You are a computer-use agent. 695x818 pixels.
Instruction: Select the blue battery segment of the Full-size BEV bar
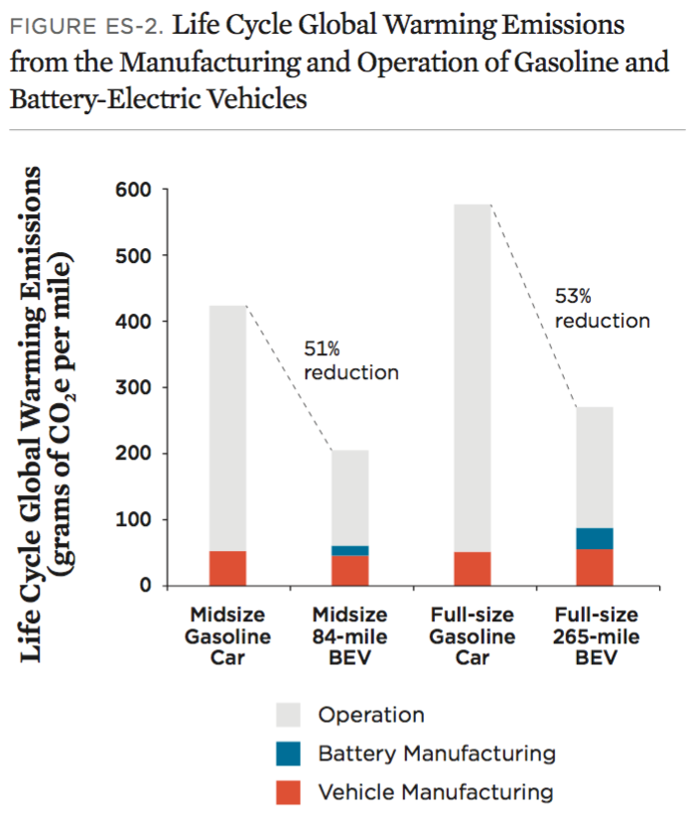(594, 538)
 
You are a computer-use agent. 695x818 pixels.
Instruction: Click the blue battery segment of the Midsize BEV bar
(349, 550)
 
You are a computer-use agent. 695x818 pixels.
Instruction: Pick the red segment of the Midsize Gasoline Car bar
(227, 568)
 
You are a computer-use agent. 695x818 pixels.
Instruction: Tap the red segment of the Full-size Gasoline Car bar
(472, 568)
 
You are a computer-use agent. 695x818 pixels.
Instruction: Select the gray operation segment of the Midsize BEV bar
(349, 496)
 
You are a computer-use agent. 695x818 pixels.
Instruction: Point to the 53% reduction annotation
(602, 308)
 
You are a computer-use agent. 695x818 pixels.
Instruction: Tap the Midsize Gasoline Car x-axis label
(227, 636)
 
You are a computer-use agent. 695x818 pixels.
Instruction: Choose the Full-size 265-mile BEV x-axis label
(594, 636)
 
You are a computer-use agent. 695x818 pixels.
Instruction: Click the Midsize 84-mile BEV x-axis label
(349, 636)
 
